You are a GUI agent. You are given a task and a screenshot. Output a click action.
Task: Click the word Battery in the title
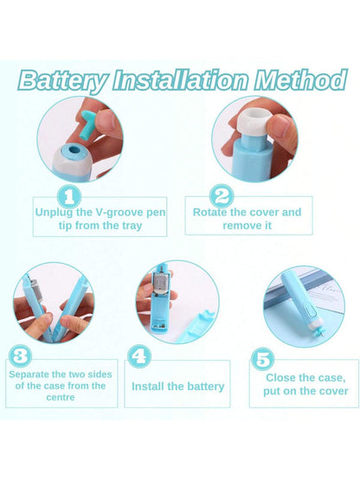pos(63,80)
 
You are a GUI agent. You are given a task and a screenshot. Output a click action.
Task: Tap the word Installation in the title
pos(181,80)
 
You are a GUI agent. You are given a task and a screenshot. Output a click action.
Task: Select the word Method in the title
pos(301,80)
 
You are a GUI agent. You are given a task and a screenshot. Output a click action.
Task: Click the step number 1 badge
pos(69,197)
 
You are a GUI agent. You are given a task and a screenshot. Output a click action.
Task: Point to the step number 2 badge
pos(222,197)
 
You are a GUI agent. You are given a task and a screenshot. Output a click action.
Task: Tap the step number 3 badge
pos(20,356)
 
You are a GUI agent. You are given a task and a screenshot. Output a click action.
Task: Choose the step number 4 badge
pos(139,356)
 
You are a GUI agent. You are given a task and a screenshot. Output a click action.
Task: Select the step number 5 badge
pos(262,359)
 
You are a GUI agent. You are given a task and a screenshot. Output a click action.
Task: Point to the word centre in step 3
pos(61,397)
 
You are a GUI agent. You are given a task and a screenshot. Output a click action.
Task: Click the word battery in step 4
pos(206,387)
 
